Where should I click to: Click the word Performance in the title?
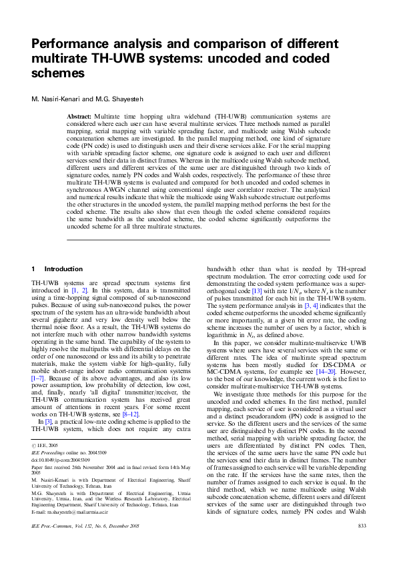69,45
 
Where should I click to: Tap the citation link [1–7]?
39,359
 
